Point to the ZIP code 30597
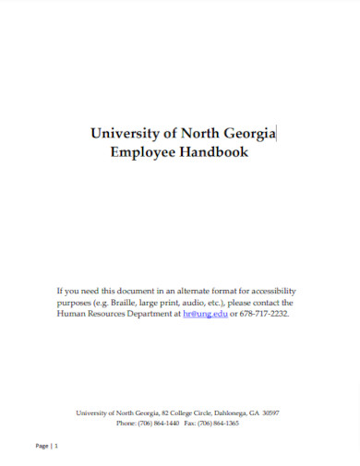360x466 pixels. [x=270, y=412]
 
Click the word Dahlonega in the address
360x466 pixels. [x=215, y=412]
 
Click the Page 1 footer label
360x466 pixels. [x=47, y=446]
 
